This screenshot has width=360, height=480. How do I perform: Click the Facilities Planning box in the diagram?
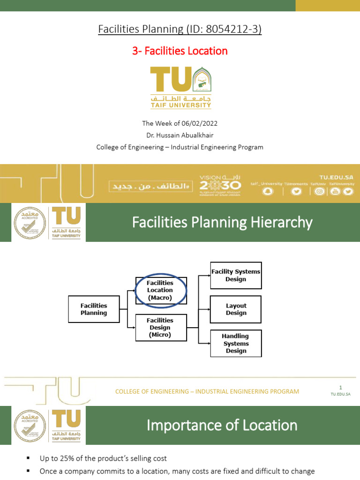click(x=94, y=309)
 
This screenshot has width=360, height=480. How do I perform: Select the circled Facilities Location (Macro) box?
click(x=160, y=290)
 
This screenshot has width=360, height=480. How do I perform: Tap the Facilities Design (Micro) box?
click(x=160, y=328)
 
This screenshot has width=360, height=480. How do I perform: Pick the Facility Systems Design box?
click(x=236, y=275)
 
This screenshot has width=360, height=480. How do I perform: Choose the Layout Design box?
click(x=236, y=309)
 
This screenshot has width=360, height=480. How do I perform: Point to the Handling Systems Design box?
click(x=236, y=344)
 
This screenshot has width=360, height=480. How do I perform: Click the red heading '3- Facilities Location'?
click(x=180, y=51)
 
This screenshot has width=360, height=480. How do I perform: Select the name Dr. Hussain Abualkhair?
click(x=180, y=135)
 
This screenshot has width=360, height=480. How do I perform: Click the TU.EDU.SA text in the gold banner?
click(x=336, y=178)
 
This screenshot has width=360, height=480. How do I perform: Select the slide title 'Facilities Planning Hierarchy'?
click(x=222, y=222)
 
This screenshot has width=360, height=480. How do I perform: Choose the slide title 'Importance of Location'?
click(x=222, y=425)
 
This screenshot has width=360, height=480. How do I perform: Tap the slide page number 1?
click(x=341, y=387)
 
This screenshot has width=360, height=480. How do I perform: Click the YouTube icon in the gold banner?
click(x=335, y=191)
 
